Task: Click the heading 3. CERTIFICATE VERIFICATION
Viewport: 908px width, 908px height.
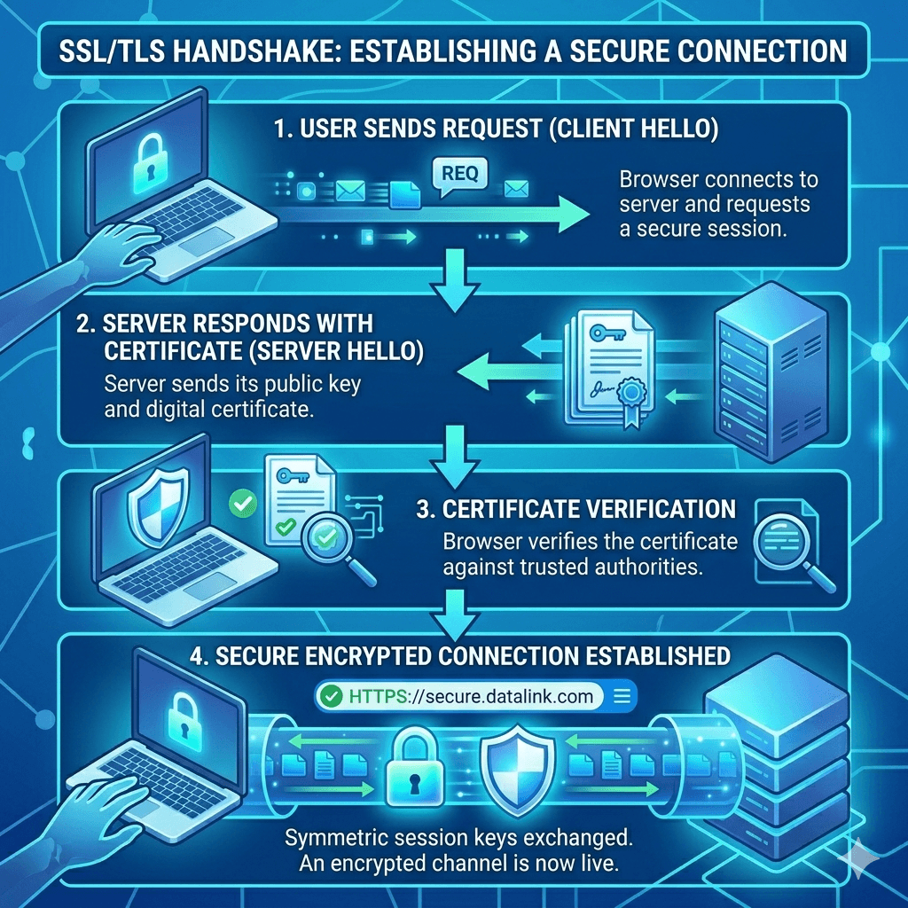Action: click(575, 509)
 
